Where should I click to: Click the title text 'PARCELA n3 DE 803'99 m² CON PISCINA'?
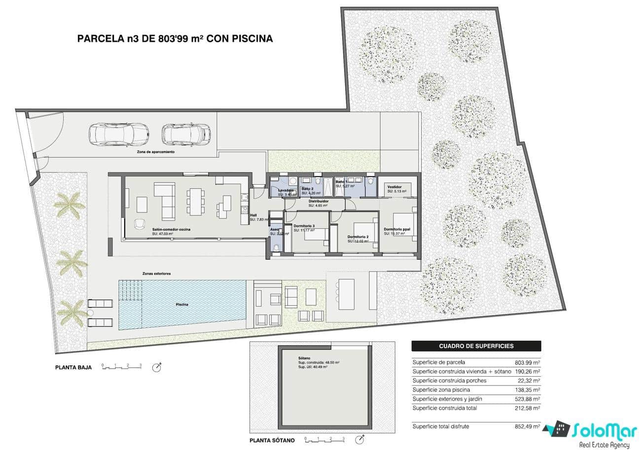point(175,38)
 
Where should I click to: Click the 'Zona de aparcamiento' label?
point(156,152)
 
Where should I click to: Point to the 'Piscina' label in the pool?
point(182,305)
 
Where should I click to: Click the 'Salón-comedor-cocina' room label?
point(171,230)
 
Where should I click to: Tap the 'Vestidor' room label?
point(394,187)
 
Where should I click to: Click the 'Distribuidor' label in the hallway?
point(319,202)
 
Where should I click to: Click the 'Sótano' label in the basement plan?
point(304,358)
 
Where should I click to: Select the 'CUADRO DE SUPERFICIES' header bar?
point(476,346)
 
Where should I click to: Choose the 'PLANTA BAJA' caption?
point(73,367)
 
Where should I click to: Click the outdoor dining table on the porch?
point(346,294)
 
